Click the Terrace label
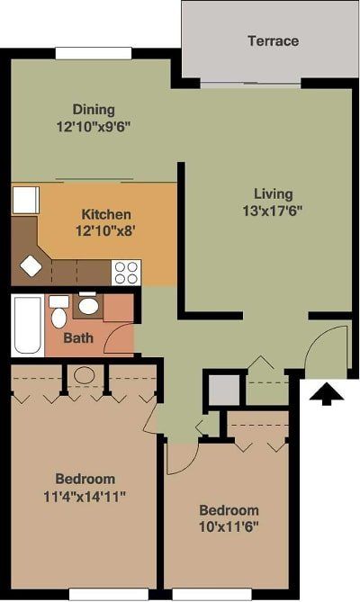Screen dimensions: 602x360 coord(274,40)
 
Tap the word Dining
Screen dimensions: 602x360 coord(94,110)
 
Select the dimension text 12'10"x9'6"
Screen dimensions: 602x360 coord(94,127)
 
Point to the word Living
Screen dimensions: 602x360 coord(273,193)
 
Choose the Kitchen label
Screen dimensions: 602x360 coord(106,214)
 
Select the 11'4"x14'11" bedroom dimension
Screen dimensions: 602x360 coord(85,496)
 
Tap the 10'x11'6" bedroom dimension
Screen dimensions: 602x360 coord(229,526)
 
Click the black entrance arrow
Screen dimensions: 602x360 coord(327,392)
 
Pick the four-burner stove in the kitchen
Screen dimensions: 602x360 coord(126,271)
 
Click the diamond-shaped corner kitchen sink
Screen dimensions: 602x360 coord(32,266)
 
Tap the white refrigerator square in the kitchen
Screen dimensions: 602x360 coord(25,199)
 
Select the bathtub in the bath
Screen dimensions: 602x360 coord(26,325)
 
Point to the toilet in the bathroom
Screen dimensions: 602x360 coord(58,314)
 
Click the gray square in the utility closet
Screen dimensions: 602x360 coord(222,389)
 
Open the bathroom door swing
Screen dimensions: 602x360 coord(119,340)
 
